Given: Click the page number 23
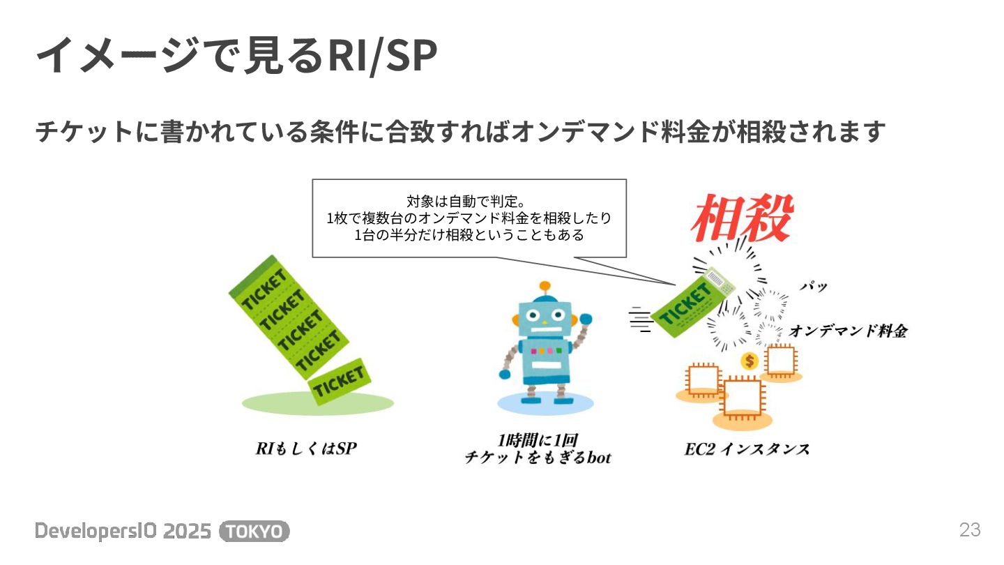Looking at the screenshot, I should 970,530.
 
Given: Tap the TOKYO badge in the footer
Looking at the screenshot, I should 254,532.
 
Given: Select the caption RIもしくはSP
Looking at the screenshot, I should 306,449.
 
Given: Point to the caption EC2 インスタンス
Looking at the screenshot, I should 747,449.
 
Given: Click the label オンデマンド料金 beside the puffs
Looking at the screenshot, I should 848,331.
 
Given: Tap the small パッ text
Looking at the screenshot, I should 813,287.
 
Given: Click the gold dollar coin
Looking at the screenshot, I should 750,361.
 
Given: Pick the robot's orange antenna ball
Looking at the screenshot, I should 545,285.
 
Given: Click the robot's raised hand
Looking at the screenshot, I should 586,319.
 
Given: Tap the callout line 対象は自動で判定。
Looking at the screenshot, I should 469,202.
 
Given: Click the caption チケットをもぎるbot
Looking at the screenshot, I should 538,458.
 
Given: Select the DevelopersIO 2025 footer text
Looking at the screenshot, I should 123,532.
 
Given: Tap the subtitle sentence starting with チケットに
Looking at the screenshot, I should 460,132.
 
